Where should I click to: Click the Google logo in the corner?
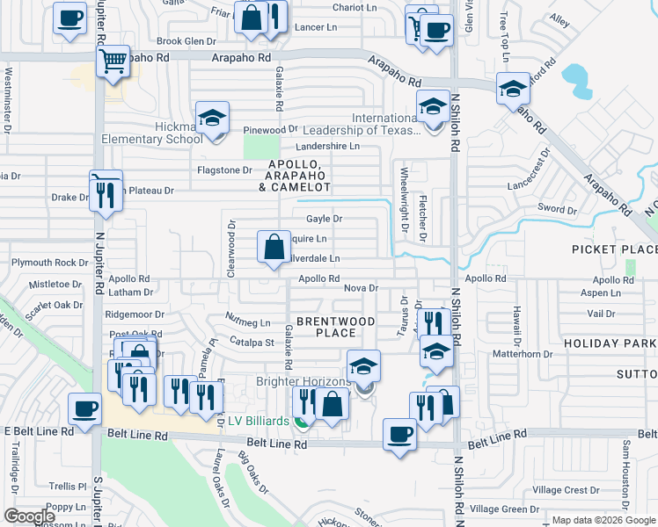(29, 516)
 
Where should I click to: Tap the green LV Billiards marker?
(303, 422)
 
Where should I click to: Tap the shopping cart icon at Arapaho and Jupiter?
(113, 63)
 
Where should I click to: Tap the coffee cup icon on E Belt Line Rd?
(86, 410)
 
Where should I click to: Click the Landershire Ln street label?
(327, 146)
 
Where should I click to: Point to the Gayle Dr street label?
(323, 219)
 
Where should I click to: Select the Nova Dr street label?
(361, 287)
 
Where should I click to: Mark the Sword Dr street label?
(556, 209)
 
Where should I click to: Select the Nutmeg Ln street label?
(248, 322)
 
